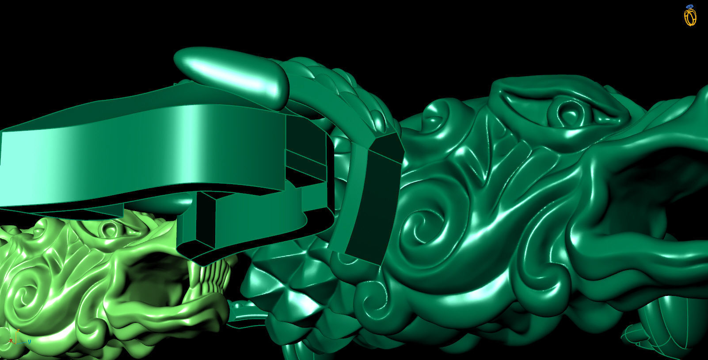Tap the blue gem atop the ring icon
click(x=690, y=7)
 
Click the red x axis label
click(x=11, y=341)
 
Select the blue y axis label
click(x=30, y=342)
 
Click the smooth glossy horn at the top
click(x=230, y=73)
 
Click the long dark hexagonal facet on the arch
click(x=373, y=199)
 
